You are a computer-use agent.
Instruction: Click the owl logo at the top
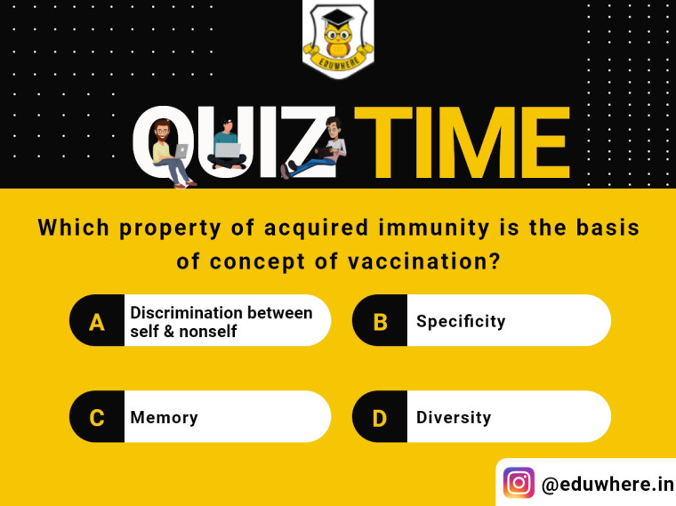338,40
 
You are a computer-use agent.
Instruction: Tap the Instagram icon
519,483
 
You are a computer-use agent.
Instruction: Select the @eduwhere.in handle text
608,484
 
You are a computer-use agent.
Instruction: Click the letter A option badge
97,321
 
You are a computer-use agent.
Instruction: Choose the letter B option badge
380,321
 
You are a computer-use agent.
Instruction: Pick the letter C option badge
97,417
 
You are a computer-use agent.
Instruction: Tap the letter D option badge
380,417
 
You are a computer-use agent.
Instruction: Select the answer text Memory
165,418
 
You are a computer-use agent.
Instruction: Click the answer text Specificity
461,322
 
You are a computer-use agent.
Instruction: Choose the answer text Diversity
454,418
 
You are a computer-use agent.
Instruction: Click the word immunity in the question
434,229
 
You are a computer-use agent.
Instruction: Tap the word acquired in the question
316,229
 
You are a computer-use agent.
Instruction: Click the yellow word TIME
462,142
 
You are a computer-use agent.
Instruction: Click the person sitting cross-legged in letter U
227,144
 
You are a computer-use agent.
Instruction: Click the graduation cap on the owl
338,17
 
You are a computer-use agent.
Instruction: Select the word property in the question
170,229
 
